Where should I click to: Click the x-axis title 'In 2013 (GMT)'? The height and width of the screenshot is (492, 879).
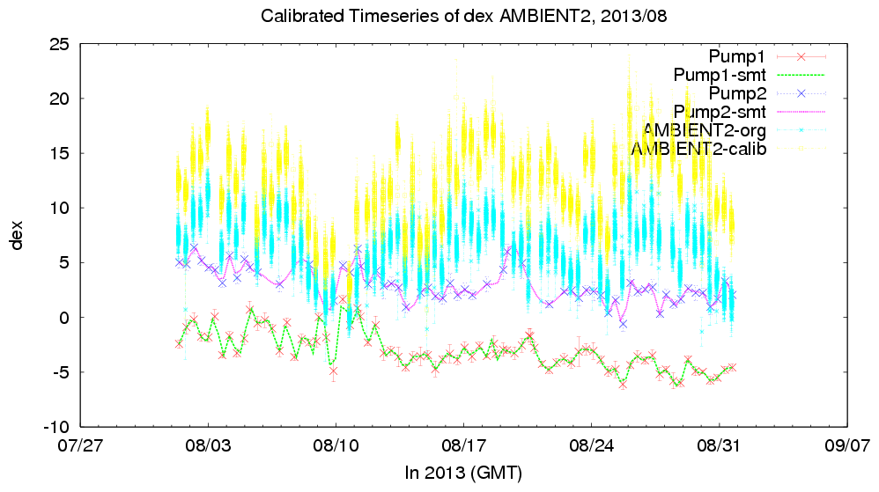coord(463,474)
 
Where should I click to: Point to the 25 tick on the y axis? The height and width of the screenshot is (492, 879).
coord(59,44)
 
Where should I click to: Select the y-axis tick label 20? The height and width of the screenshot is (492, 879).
coord(59,99)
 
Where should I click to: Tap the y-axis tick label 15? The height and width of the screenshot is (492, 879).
coord(59,153)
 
